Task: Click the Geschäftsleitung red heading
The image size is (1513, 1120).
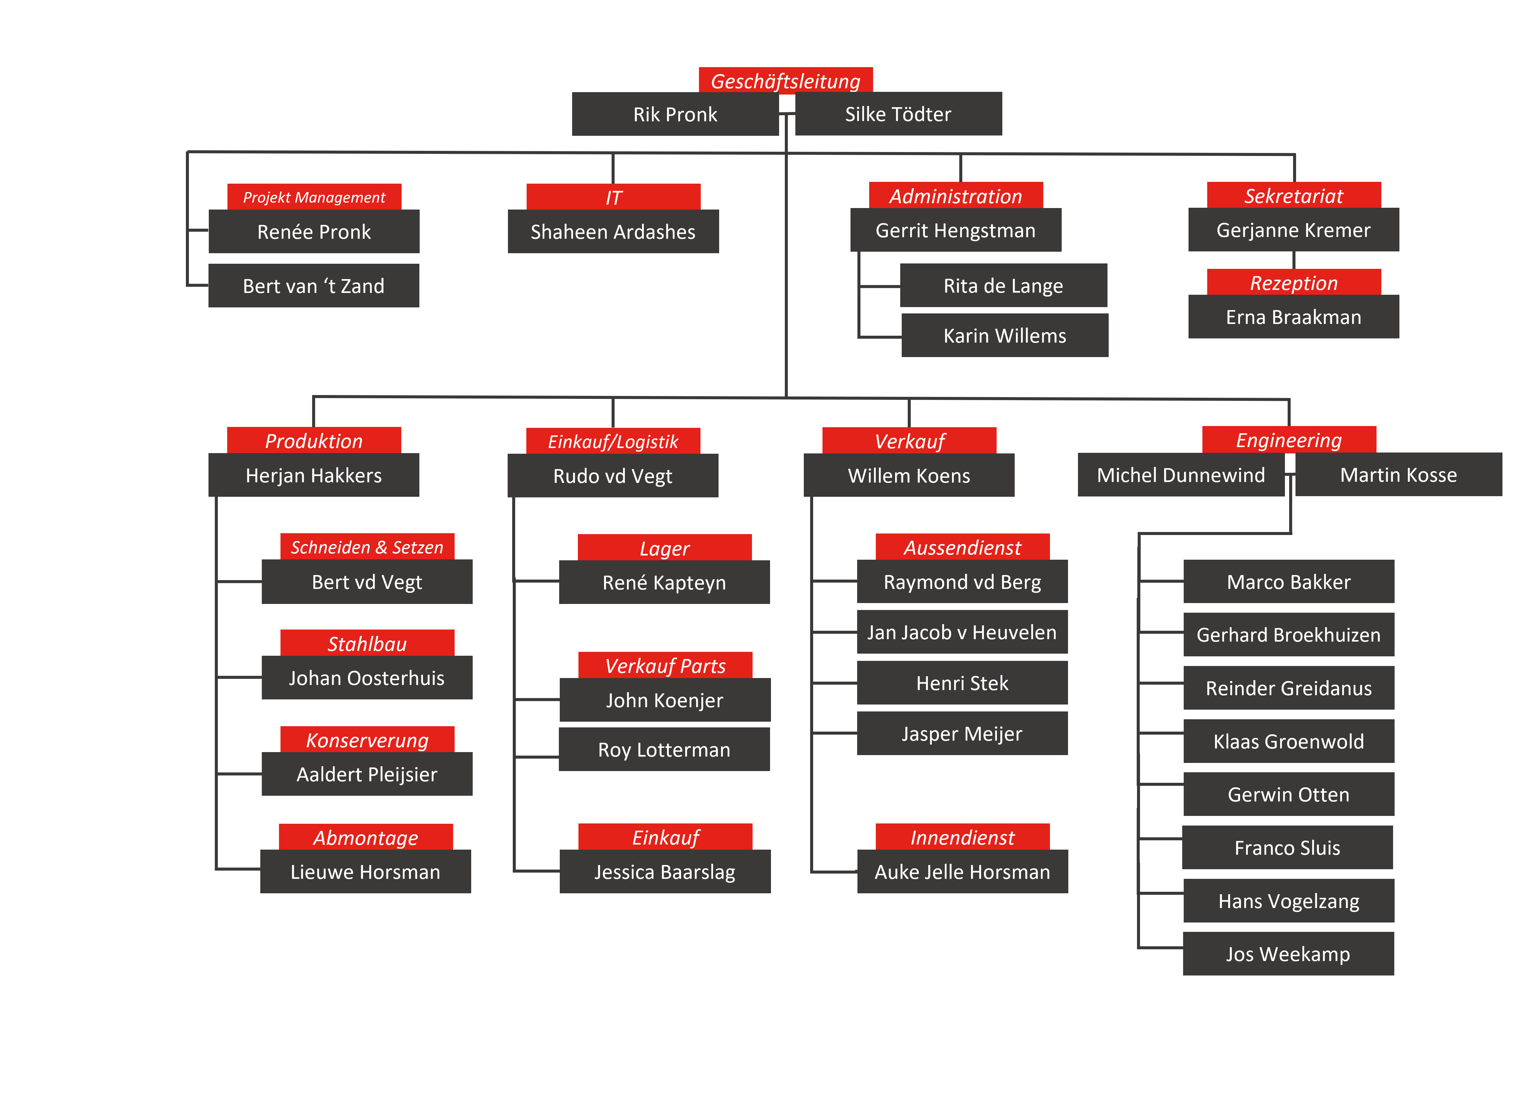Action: (786, 80)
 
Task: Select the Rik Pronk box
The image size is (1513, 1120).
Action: (675, 114)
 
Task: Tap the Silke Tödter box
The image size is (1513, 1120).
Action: (898, 114)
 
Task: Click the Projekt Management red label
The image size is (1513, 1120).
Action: (314, 197)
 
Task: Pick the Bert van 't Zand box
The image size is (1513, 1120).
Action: (313, 285)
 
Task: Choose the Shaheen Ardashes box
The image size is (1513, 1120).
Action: (613, 231)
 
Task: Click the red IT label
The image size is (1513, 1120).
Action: (613, 197)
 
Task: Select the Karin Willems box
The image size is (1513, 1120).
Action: (1005, 335)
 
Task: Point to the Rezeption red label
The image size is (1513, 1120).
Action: (1294, 282)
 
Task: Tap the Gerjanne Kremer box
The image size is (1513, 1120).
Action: (1294, 230)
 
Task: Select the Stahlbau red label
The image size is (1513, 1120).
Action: (367, 643)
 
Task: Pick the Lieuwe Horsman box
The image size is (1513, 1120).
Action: (366, 871)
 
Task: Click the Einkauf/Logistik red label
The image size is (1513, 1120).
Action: (613, 441)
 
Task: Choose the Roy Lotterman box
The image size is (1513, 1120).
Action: (664, 749)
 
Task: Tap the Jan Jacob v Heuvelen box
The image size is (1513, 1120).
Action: (962, 632)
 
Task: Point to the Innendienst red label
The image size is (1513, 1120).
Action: (963, 837)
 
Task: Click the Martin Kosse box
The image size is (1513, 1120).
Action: (1399, 474)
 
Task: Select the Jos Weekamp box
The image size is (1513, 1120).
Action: (1289, 953)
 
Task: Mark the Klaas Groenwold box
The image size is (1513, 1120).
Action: (1289, 741)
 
